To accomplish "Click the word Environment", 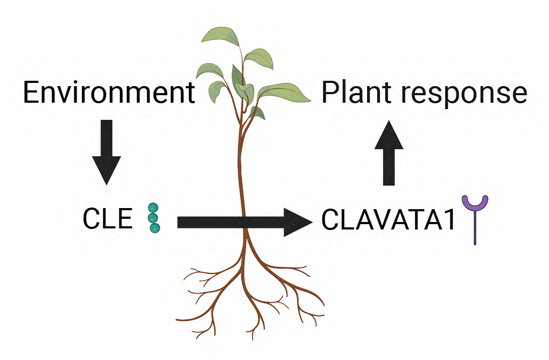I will point(109,93).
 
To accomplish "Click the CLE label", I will point(108,219).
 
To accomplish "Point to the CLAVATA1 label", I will point(388,220).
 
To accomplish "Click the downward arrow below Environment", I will point(106,152).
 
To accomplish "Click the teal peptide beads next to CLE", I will point(154,218).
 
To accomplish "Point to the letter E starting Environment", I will point(30,93).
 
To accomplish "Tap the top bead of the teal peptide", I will point(153,208).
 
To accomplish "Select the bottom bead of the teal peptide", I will point(155,228).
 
